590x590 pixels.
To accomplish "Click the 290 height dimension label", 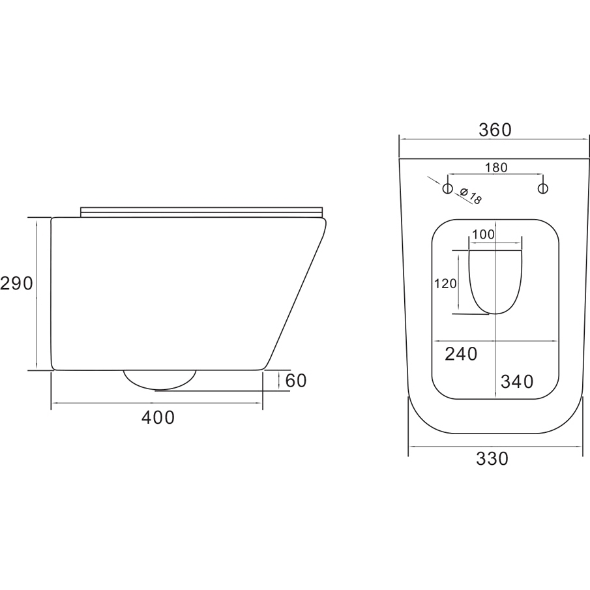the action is pyautogui.click(x=16, y=284).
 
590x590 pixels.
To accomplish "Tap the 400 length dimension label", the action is pyautogui.click(x=158, y=417).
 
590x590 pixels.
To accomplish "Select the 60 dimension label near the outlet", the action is pyautogui.click(x=296, y=381).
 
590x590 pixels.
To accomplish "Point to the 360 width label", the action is pyautogui.click(x=495, y=130).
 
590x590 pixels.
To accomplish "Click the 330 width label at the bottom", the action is pyautogui.click(x=492, y=459).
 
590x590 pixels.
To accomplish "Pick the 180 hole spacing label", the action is pyautogui.click(x=496, y=168).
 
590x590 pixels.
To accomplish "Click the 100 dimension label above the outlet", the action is pyautogui.click(x=484, y=235).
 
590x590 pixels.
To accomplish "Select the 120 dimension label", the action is pyautogui.click(x=445, y=284).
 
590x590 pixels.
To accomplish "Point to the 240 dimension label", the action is pyautogui.click(x=461, y=354).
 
